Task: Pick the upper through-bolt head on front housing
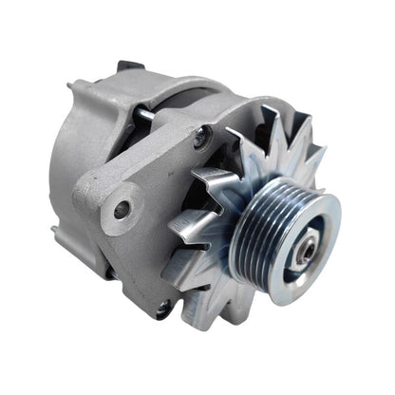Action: tap(201, 139)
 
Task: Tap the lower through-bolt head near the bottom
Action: tap(163, 307)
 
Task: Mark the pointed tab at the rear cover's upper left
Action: tap(71, 87)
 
